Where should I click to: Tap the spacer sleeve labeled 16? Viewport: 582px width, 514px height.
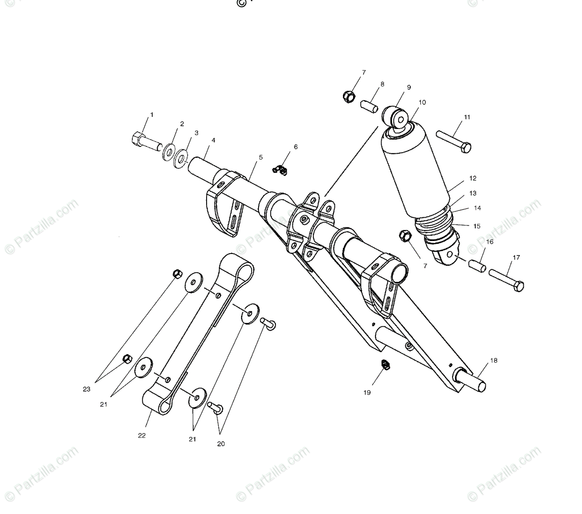pyautogui.click(x=476, y=266)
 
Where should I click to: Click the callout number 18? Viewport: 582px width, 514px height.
pyautogui.click(x=494, y=360)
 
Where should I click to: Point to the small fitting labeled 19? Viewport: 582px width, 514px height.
pyautogui.click(x=385, y=365)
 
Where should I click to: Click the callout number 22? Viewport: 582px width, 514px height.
pyautogui.click(x=142, y=435)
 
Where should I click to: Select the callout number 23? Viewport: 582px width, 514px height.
pyautogui.click(x=86, y=389)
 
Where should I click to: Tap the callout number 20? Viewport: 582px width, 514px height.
pyautogui.click(x=221, y=444)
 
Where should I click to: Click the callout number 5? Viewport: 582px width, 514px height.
pyautogui.click(x=260, y=157)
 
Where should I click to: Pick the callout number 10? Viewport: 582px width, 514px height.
pyautogui.click(x=422, y=102)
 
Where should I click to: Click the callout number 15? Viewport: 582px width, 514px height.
pyautogui.click(x=477, y=226)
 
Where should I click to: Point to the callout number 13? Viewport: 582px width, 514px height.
pyautogui.click(x=473, y=193)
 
